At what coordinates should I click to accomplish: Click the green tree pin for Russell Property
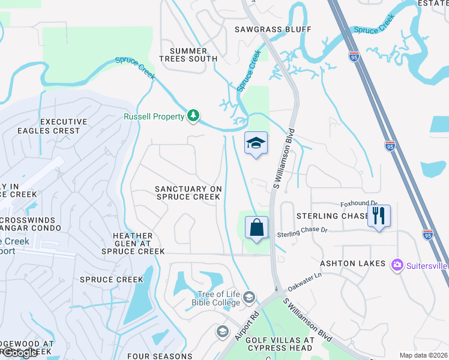click(193, 115)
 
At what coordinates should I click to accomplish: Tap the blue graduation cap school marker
click(256, 143)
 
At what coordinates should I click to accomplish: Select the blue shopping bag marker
click(256, 228)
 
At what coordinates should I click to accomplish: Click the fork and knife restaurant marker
click(379, 215)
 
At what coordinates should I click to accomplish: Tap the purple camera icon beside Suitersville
click(396, 265)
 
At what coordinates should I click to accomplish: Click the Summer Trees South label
click(188, 55)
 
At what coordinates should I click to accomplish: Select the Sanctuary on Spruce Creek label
click(188, 193)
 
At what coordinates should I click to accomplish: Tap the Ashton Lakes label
click(348, 263)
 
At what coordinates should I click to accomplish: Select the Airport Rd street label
click(247, 326)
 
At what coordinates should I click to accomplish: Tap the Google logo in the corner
click(19, 353)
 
